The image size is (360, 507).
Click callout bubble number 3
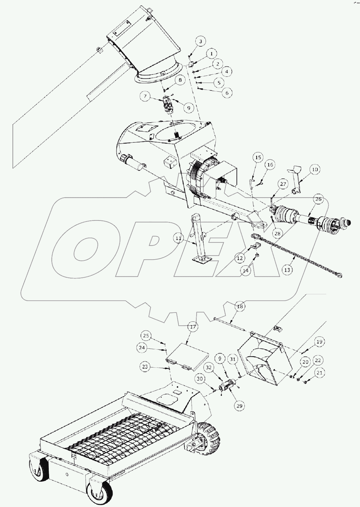tap(201, 41)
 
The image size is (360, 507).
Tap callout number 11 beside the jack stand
tap(179, 238)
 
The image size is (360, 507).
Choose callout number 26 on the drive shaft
tap(318, 199)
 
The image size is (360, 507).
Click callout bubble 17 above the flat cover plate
tap(193, 327)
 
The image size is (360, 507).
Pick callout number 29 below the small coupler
tap(240, 406)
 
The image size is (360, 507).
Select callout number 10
tap(315, 169)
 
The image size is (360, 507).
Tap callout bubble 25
tap(146, 336)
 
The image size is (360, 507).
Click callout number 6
tap(227, 93)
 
